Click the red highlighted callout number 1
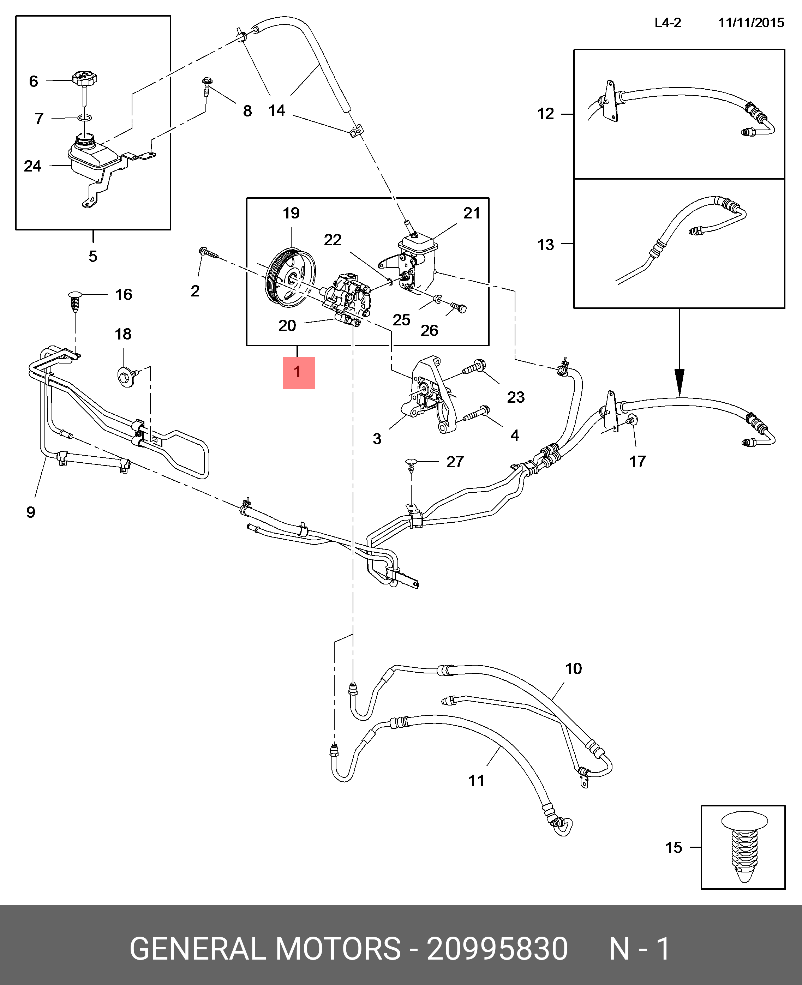(298, 373)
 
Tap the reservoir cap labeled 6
(84, 78)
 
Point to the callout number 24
(32, 166)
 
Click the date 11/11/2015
(751, 23)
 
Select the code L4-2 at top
(668, 23)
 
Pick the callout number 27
(455, 462)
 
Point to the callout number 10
(573, 668)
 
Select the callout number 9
(30, 512)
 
